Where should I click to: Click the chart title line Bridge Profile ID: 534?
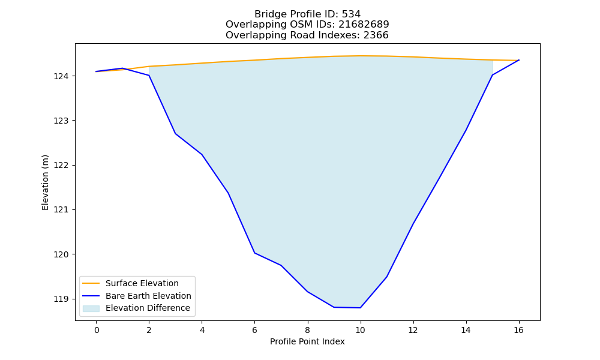(307, 14)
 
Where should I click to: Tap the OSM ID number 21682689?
(364, 25)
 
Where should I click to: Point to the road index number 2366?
(376, 35)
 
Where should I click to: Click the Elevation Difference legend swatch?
(91, 308)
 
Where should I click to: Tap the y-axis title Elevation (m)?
(45, 182)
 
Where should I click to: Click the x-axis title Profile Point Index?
(307, 341)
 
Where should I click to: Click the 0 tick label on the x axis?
(97, 330)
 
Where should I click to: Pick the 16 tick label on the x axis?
(518, 330)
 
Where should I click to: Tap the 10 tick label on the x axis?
(360, 330)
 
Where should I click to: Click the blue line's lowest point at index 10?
(360, 308)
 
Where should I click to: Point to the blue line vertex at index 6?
(254, 253)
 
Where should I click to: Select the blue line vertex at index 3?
(175, 134)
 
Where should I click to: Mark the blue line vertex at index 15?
(492, 75)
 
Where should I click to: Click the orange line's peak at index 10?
(360, 56)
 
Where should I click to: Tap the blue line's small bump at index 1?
(122, 68)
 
